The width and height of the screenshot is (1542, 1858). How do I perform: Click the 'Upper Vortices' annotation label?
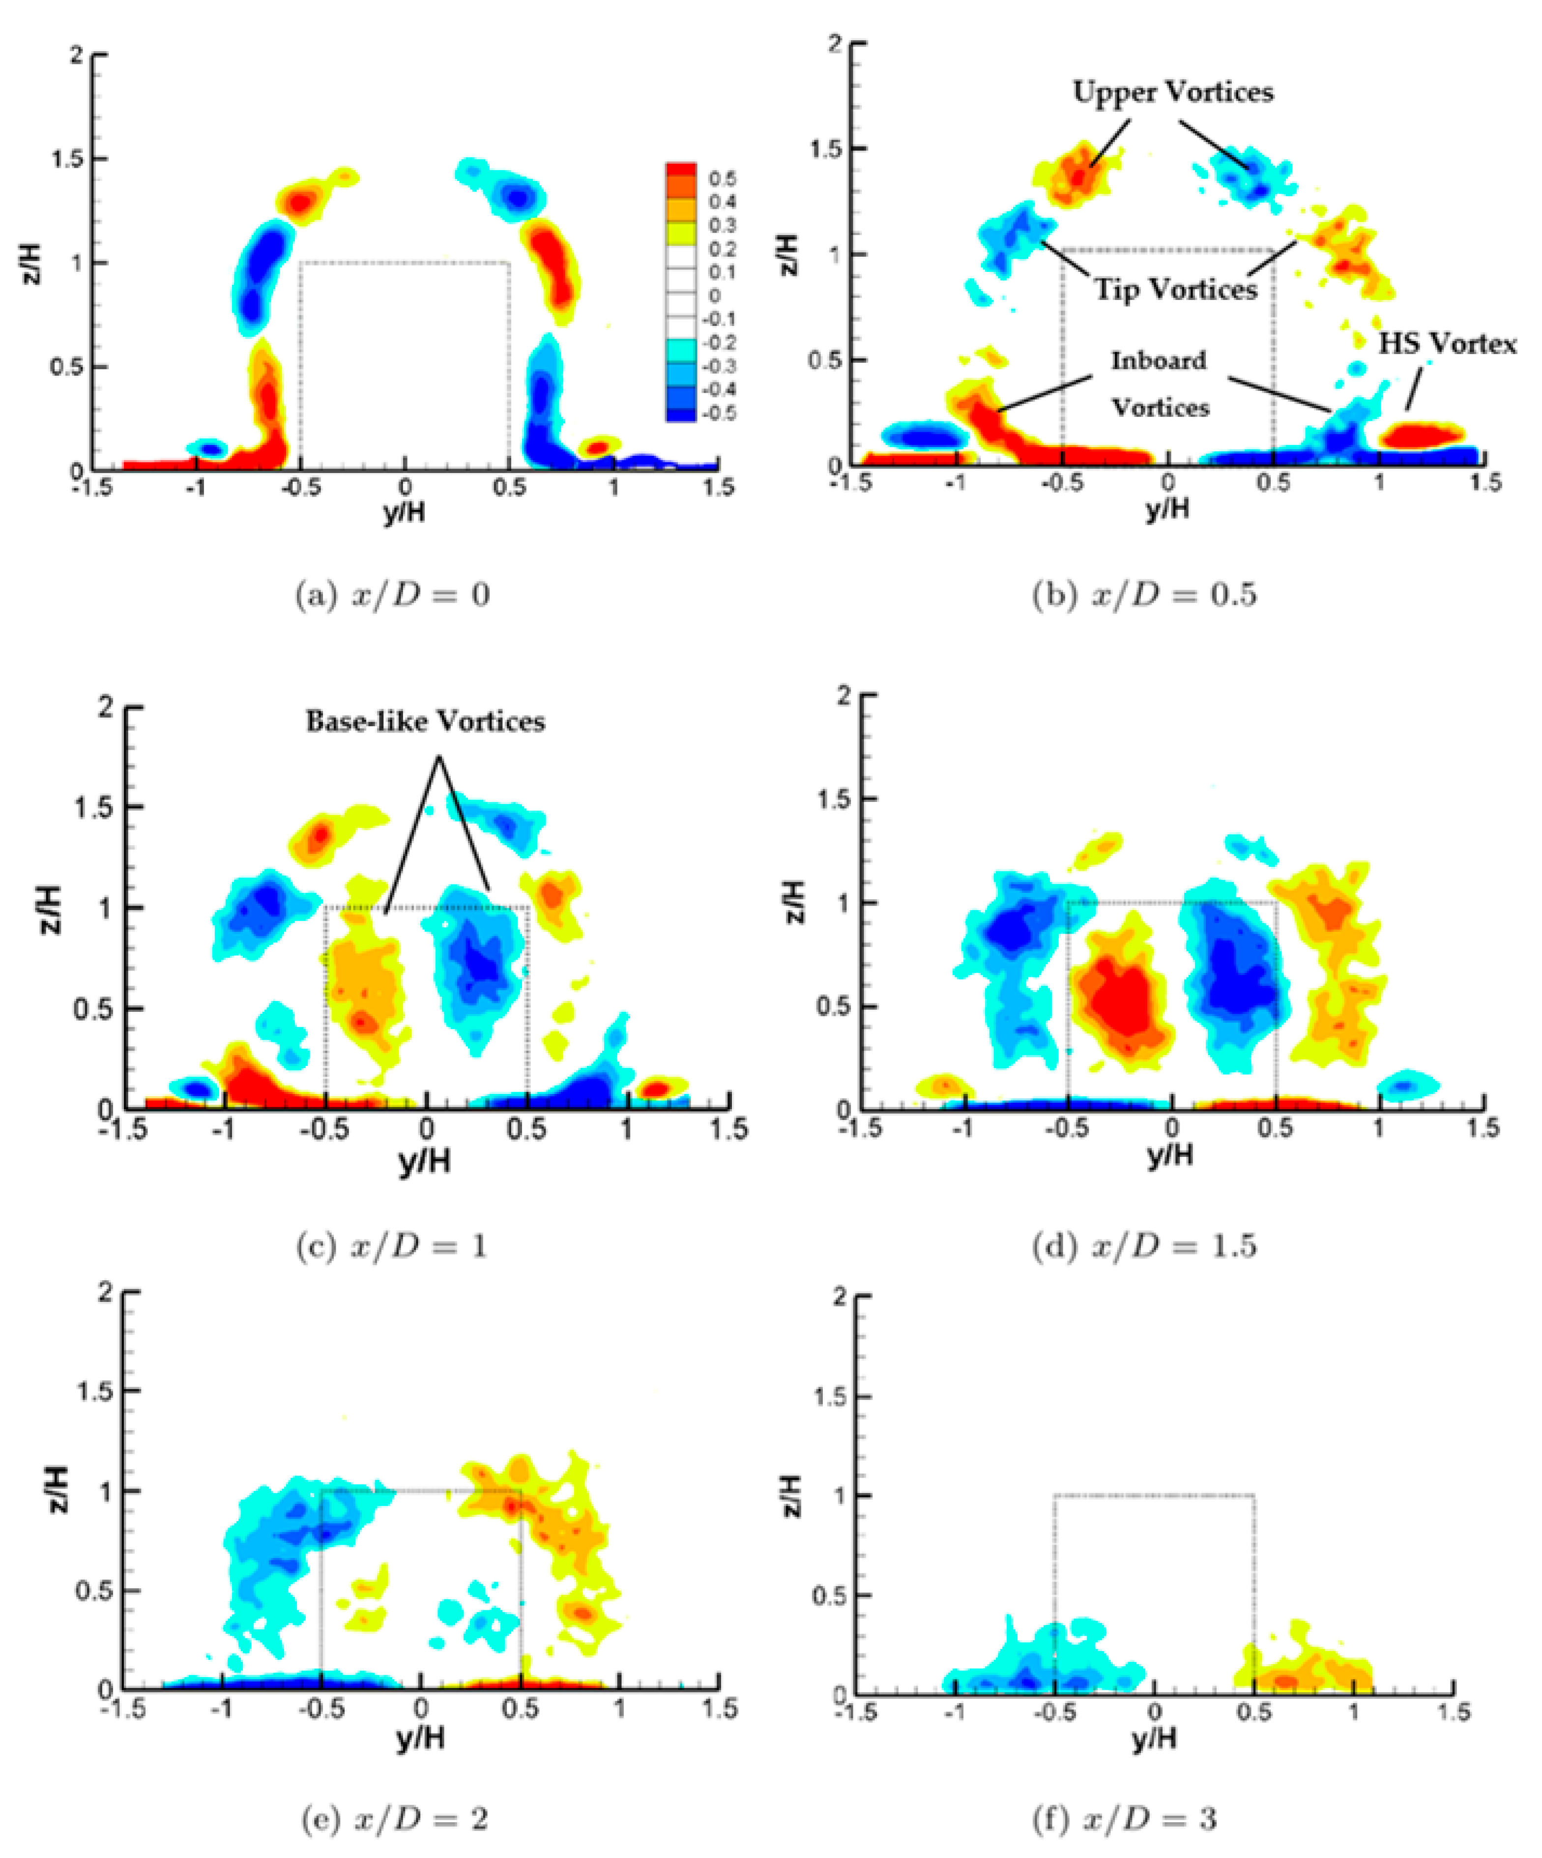click(1172, 92)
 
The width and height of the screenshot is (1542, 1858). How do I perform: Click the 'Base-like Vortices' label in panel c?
click(426, 722)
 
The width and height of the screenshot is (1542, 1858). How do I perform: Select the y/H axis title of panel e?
click(420, 1739)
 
